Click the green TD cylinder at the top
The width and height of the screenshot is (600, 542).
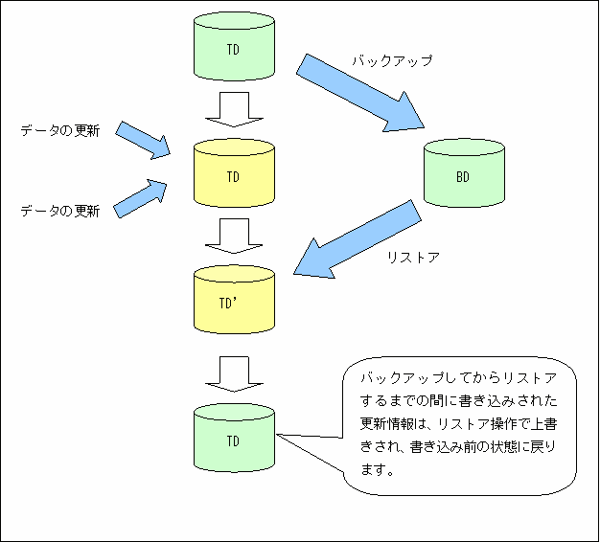coord(234,46)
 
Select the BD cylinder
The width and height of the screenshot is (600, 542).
coord(464,173)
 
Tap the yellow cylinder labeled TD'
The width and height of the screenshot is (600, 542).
coord(234,300)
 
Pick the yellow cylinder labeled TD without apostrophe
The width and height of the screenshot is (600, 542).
coord(234,173)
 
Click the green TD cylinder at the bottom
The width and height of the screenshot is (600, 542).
coord(234,438)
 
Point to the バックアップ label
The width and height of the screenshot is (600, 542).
coord(392,60)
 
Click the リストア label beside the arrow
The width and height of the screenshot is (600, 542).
coord(413,258)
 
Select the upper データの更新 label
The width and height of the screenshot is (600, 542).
coord(60,131)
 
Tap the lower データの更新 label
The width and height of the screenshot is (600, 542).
coord(60,211)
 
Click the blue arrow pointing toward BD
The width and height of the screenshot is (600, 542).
coord(360,93)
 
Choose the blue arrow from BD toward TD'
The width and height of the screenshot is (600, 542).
coord(358,238)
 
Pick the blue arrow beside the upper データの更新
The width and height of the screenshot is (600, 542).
coord(143,140)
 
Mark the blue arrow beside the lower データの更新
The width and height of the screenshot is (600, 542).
coord(140,199)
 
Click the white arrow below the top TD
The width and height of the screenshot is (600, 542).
coord(234,109)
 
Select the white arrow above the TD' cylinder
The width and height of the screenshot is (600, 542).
coord(234,236)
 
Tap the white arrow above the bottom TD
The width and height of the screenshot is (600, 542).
coord(234,374)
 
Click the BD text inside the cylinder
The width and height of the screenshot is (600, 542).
coord(463,177)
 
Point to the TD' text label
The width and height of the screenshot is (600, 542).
coord(228,304)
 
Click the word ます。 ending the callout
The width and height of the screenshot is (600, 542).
coord(378,470)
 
